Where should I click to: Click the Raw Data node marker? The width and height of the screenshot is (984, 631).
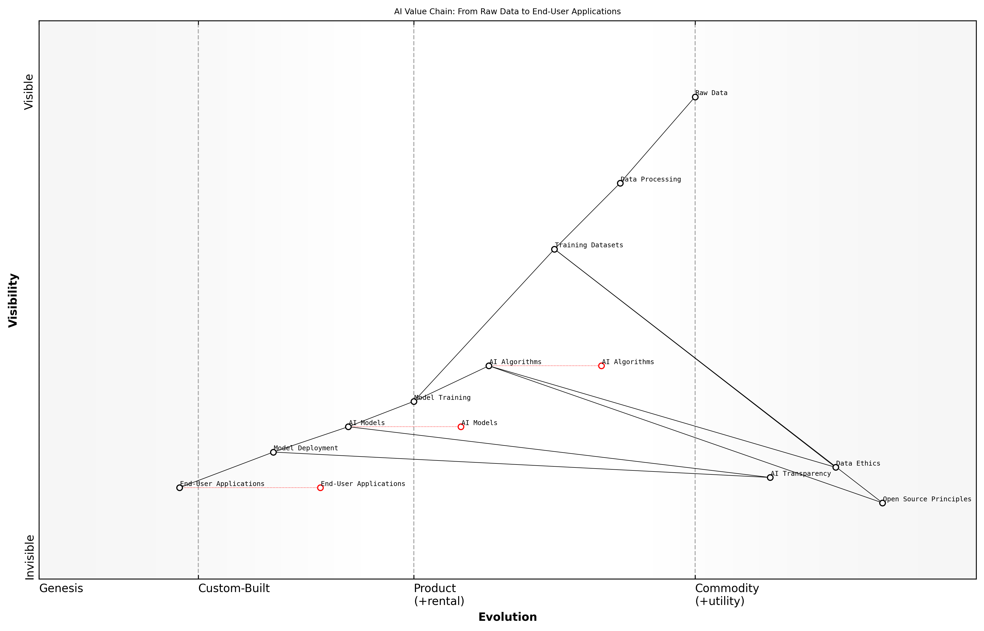pyautogui.click(x=695, y=97)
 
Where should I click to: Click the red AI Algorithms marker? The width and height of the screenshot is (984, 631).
pyautogui.click(x=601, y=366)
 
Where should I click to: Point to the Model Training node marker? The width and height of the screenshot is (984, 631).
pyautogui.click(x=414, y=401)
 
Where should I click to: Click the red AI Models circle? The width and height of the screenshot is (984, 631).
pyautogui.click(x=461, y=427)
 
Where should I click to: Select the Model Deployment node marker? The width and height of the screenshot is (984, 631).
pyautogui.click(x=274, y=452)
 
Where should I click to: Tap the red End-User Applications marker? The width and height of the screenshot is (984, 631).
pyautogui.click(x=320, y=488)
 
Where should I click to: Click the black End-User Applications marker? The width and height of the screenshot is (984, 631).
pyautogui.click(x=179, y=488)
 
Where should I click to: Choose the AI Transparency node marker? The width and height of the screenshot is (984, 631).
pyautogui.click(x=770, y=477)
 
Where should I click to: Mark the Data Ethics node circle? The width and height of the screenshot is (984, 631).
pyautogui.click(x=836, y=467)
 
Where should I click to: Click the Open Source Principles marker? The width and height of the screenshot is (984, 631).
pyautogui.click(x=882, y=503)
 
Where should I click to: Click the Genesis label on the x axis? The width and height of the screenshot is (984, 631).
pyautogui.click(x=61, y=589)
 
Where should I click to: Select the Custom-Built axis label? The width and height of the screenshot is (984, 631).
pyautogui.click(x=234, y=589)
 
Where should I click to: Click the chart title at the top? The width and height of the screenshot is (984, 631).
pyautogui.click(x=508, y=12)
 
